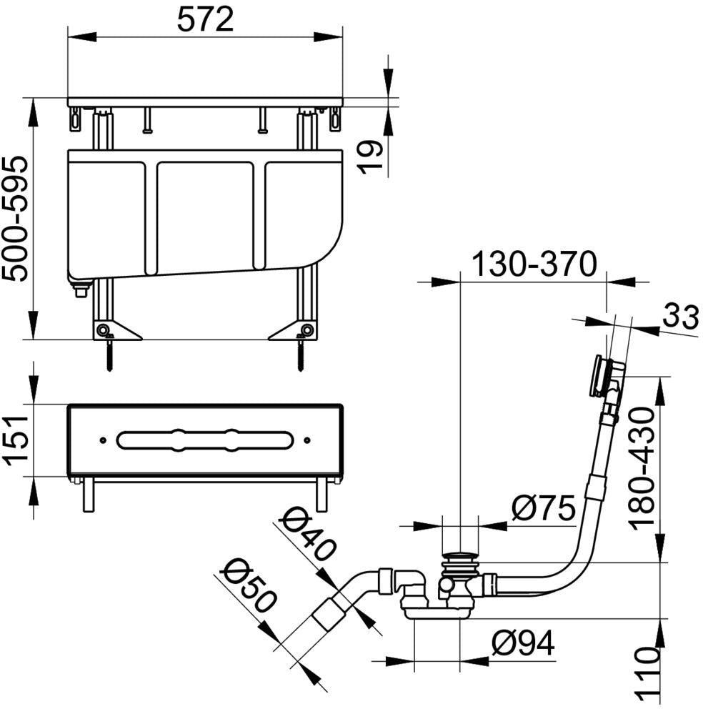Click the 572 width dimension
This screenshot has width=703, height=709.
(x=205, y=20)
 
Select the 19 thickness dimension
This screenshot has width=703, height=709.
(x=370, y=157)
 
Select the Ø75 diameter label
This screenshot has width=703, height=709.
(x=544, y=507)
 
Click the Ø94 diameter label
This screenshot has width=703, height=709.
(x=523, y=643)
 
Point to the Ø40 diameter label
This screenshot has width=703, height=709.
(x=309, y=534)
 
